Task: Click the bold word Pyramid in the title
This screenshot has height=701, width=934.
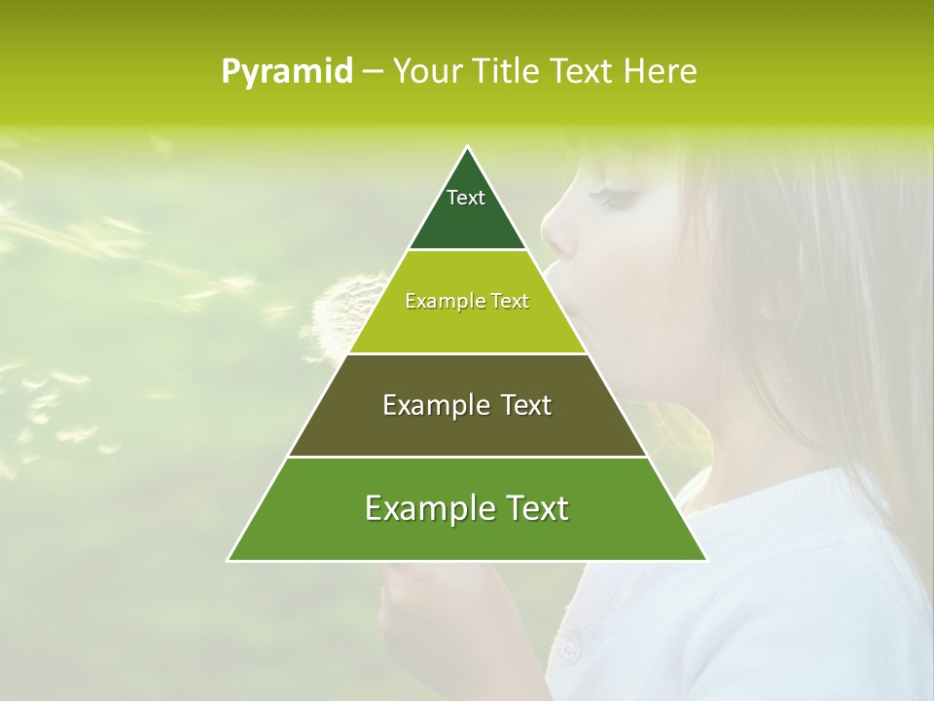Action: point(287,71)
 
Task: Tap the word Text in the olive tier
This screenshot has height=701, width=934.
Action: point(526,405)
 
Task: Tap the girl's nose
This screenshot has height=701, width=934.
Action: point(552,234)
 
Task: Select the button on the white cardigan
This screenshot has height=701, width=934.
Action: point(568,646)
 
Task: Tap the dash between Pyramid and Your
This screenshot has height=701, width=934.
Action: point(372,72)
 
